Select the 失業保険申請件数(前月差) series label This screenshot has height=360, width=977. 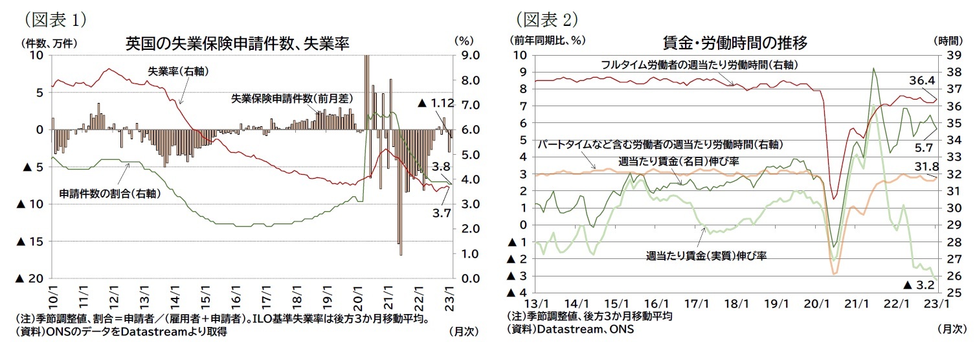click(292, 99)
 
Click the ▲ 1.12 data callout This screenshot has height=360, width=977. click(436, 103)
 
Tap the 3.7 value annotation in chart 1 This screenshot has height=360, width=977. click(441, 211)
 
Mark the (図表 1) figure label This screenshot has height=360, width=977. click(55, 20)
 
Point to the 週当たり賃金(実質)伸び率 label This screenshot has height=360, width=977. click(706, 256)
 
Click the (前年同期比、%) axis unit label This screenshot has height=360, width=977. click(547, 39)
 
